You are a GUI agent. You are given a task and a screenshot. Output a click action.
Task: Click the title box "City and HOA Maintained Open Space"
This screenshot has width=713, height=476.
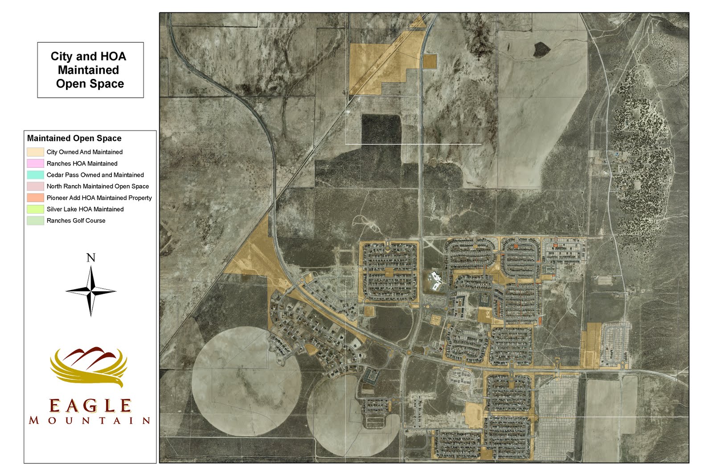point(90,70)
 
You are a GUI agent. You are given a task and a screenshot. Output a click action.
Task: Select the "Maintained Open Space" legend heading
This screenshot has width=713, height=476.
point(74,138)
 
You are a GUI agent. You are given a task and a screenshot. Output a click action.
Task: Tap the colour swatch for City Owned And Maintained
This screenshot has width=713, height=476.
point(35,152)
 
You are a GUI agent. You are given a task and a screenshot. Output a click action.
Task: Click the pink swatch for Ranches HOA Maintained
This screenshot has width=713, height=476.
point(35,164)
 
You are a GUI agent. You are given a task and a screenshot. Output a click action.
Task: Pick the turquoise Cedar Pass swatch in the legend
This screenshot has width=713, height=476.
point(35,175)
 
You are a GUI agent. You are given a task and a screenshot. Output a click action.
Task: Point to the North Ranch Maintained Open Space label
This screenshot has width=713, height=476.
point(98,186)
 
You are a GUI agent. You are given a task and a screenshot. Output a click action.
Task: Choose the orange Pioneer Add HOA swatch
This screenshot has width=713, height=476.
point(35,198)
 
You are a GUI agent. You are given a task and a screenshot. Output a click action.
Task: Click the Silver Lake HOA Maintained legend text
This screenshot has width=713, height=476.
point(85,209)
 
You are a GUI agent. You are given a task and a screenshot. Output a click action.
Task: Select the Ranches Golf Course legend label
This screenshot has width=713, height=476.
point(76,220)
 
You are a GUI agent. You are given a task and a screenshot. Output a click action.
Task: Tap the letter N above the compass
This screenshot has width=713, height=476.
point(90,258)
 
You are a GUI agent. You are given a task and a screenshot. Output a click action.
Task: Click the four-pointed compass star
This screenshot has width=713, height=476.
point(91,291)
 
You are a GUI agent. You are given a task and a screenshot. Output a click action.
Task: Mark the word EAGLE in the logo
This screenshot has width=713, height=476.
point(90,406)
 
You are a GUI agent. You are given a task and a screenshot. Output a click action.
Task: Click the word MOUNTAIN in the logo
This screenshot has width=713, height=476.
point(90,420)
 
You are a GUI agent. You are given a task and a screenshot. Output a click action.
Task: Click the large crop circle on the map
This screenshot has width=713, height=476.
point(246,382)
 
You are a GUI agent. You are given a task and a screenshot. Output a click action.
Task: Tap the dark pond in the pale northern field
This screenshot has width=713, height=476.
point(541,49)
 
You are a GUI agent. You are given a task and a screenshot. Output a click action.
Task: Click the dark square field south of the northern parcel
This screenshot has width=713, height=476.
point(381,129)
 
